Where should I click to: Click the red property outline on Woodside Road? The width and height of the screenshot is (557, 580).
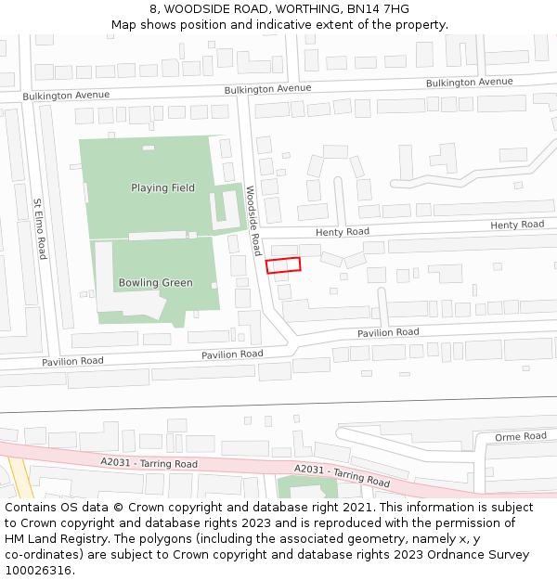pyautogui.click(x=283, y=265)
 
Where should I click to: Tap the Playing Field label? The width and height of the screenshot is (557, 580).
pyautogui.click(x=162, y=188)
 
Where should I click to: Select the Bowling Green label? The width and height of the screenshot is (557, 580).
pyautogui.click(x=155, y=283)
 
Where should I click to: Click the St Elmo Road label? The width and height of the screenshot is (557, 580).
pyautogui.click(x=39, y=228)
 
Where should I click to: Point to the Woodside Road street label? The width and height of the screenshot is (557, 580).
pyautogui.click(x=253, y=220)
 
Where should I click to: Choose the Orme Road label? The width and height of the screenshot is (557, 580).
pyautogui.click(x=520, y=436)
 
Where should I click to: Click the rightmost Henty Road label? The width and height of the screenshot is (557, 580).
pyautogui.click(x=517, y=225)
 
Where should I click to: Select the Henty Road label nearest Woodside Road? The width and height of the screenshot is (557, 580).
pyautogui.click(x=342, y=232)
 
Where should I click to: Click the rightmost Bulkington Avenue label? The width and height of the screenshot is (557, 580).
pyautogui.click(x=469, y=83)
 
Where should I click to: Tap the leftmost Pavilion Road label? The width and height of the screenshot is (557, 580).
pyautogui.click(x=72, y=361)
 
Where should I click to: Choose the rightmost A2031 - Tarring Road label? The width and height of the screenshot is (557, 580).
pyautogui.click(x=341, y=475)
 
